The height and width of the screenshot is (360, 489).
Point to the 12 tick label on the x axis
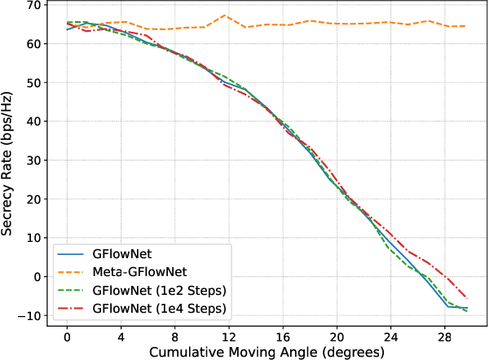(229, 336)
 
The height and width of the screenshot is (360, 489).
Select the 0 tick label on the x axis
(67, 336)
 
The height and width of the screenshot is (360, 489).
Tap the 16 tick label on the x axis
(284, 336)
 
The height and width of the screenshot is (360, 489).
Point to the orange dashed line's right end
(465, 26)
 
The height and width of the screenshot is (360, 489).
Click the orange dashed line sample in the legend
(73, 272)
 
